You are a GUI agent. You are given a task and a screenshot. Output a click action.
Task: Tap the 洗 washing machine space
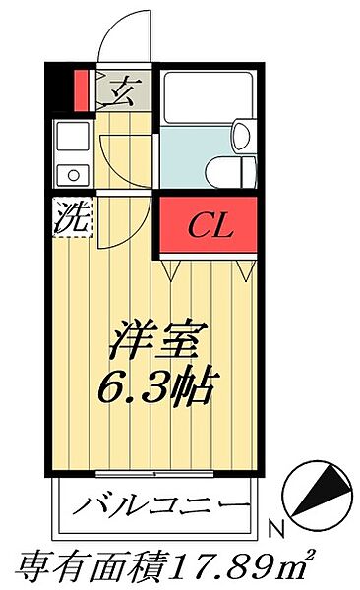click(x=70, y=215)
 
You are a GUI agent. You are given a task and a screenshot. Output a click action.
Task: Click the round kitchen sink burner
click(x=72, y=175)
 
